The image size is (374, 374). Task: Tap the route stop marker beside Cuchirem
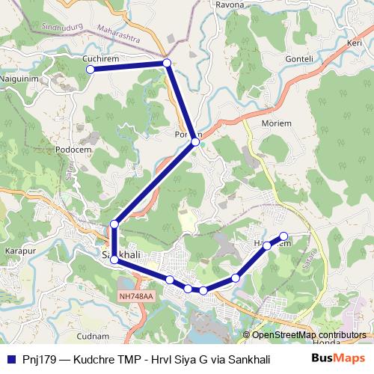tap(91, 70)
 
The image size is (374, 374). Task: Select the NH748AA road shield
tap(135, 296)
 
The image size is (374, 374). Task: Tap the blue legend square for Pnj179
tap(10, 359)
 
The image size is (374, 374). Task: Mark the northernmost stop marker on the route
tap(167, 63)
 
